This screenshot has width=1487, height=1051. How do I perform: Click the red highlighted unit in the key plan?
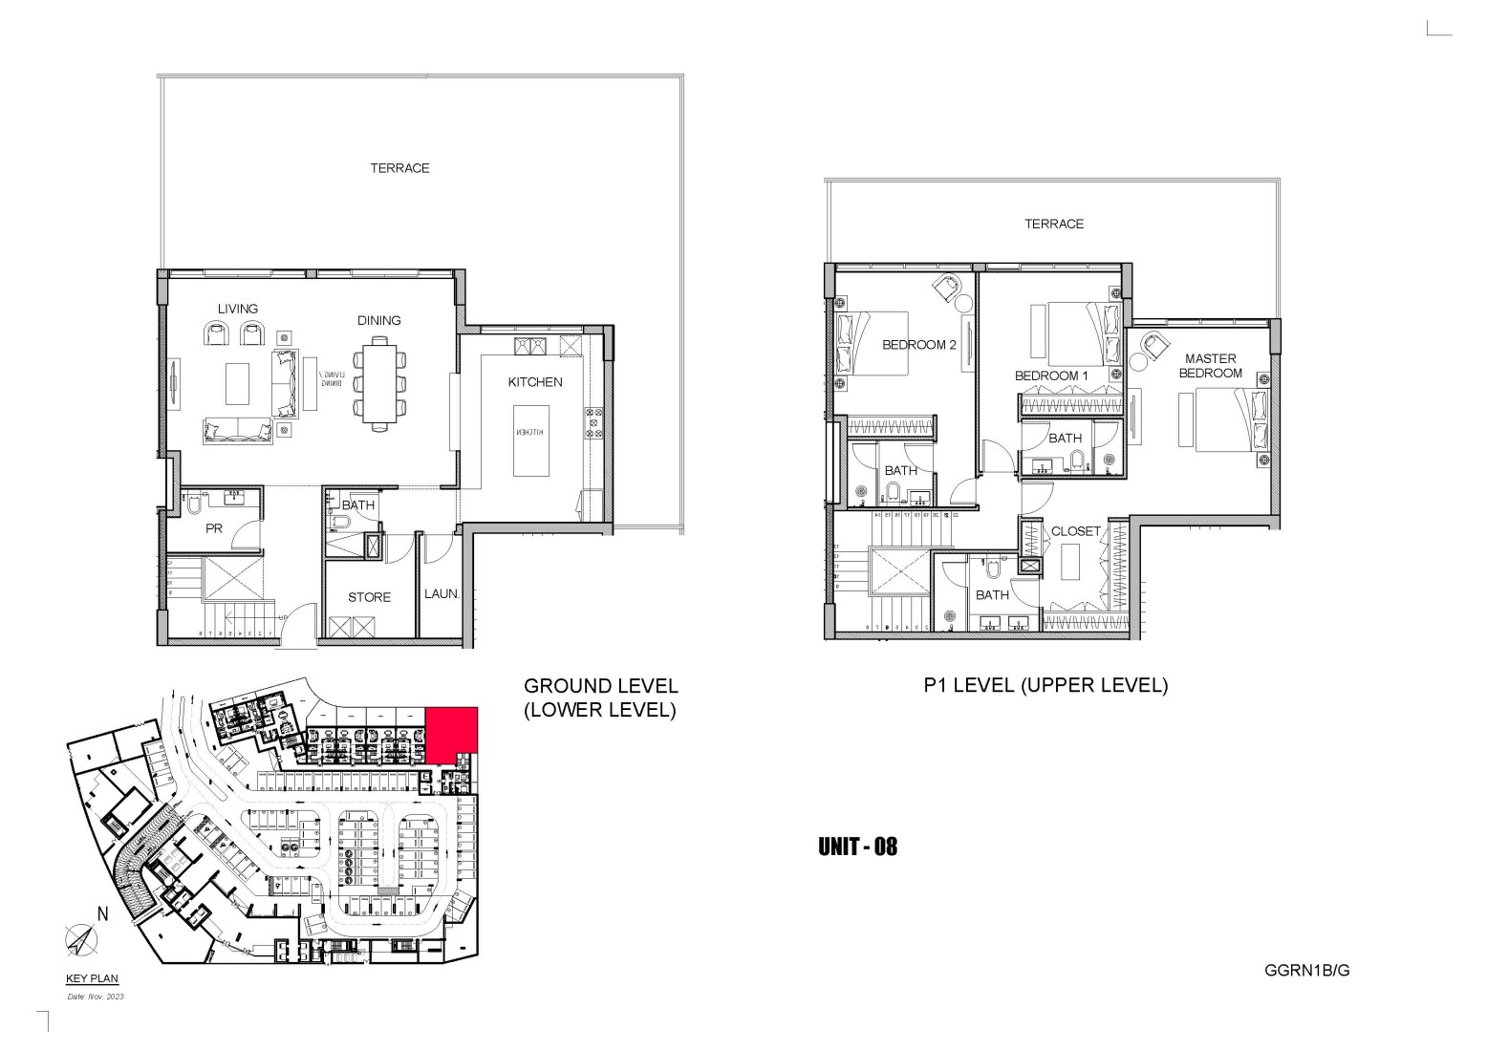tap(451, 735)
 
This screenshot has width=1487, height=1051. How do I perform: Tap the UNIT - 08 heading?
tap(857, 847)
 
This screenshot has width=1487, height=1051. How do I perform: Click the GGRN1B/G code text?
tap(1306, 970)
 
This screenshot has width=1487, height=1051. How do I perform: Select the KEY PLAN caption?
tap(92, 979)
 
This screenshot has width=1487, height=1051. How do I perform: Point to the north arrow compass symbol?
tap(78, 939)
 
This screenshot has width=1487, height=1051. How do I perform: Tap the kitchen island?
tap(531, 440)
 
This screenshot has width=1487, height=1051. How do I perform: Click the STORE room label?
tap(369, 597)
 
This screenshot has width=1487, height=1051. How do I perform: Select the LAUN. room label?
tap(442, 594)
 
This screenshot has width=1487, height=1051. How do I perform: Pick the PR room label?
tap(213, 527)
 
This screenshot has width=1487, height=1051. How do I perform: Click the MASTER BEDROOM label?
tap(1210, 366)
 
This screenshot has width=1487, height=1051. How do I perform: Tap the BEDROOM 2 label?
tap(918, 345)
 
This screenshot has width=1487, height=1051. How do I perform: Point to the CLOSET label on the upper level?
tap(1075, 531)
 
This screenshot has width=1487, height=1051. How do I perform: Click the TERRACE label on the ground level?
tap(399, 168)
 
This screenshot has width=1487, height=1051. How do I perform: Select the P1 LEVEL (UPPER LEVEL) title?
tap(1045, 685)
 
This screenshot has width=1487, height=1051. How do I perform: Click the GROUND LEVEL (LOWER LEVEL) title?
tap(600, 697)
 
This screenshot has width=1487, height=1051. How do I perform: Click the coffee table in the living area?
tap(237, 383)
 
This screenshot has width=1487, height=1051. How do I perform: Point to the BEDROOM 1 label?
tap(1051, 375)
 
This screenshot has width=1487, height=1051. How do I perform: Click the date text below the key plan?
tap(96, 997)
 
